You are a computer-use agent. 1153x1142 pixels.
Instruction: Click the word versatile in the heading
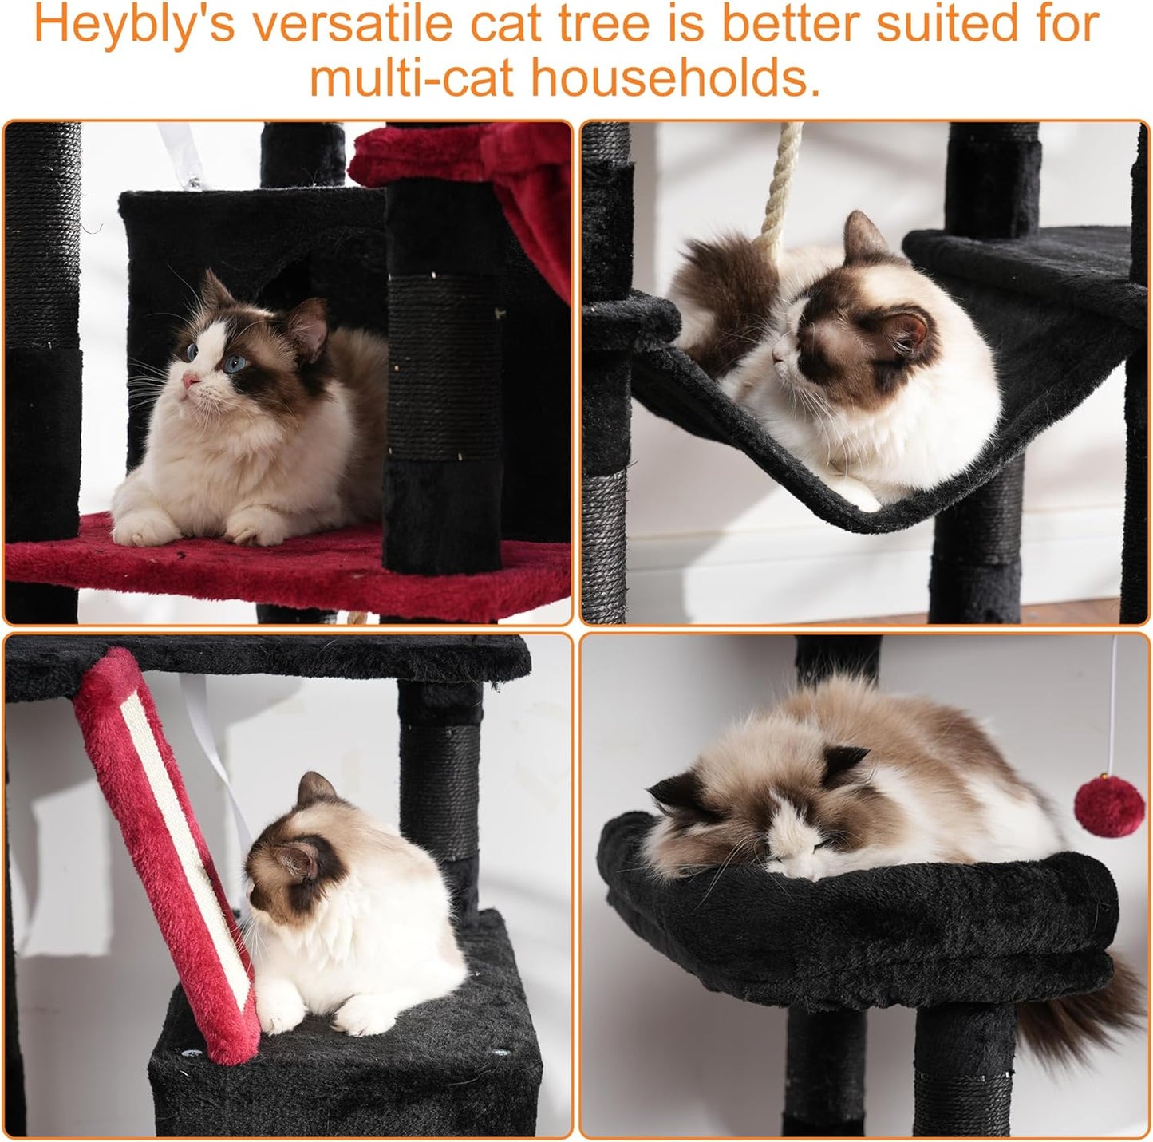[352, 26]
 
